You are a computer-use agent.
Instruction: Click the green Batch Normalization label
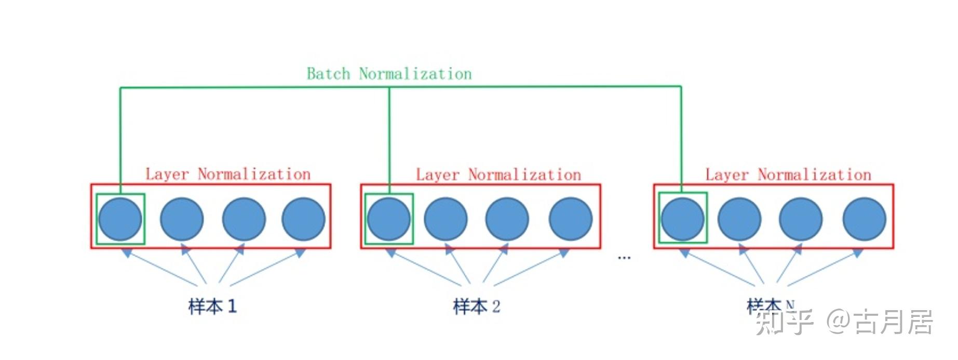tap(389, 74)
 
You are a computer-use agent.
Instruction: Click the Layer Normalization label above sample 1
tap(228, 174)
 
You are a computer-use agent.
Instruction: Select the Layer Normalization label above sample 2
tap(498, 175)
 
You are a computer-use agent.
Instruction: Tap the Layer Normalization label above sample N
tap(788, 175)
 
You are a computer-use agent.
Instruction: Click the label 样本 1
tap(212, 306)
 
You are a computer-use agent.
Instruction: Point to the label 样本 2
tap(477, 306)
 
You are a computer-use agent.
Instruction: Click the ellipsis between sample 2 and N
tap(624, 257)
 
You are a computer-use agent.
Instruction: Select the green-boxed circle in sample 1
tap(120, 219)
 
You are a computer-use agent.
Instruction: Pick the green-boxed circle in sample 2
tap(389, 219)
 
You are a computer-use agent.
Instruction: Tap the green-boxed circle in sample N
tap(683, 219)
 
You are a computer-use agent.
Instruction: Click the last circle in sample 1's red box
tap(304, 219)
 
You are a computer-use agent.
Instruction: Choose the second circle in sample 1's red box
tap(182, 219)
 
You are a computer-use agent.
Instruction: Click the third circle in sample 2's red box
tap(507, 219)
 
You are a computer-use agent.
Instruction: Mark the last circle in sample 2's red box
tap(571, 219)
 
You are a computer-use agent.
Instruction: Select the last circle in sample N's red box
tap(865, 219)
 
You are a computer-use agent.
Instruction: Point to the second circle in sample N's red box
tap(739, 219)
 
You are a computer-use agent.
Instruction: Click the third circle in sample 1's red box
tap(244, 219)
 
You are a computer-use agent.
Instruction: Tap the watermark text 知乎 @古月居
tap(844, 322)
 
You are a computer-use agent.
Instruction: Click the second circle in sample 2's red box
tap(446, 219)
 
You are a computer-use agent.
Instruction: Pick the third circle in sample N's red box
tap(801, 219)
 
